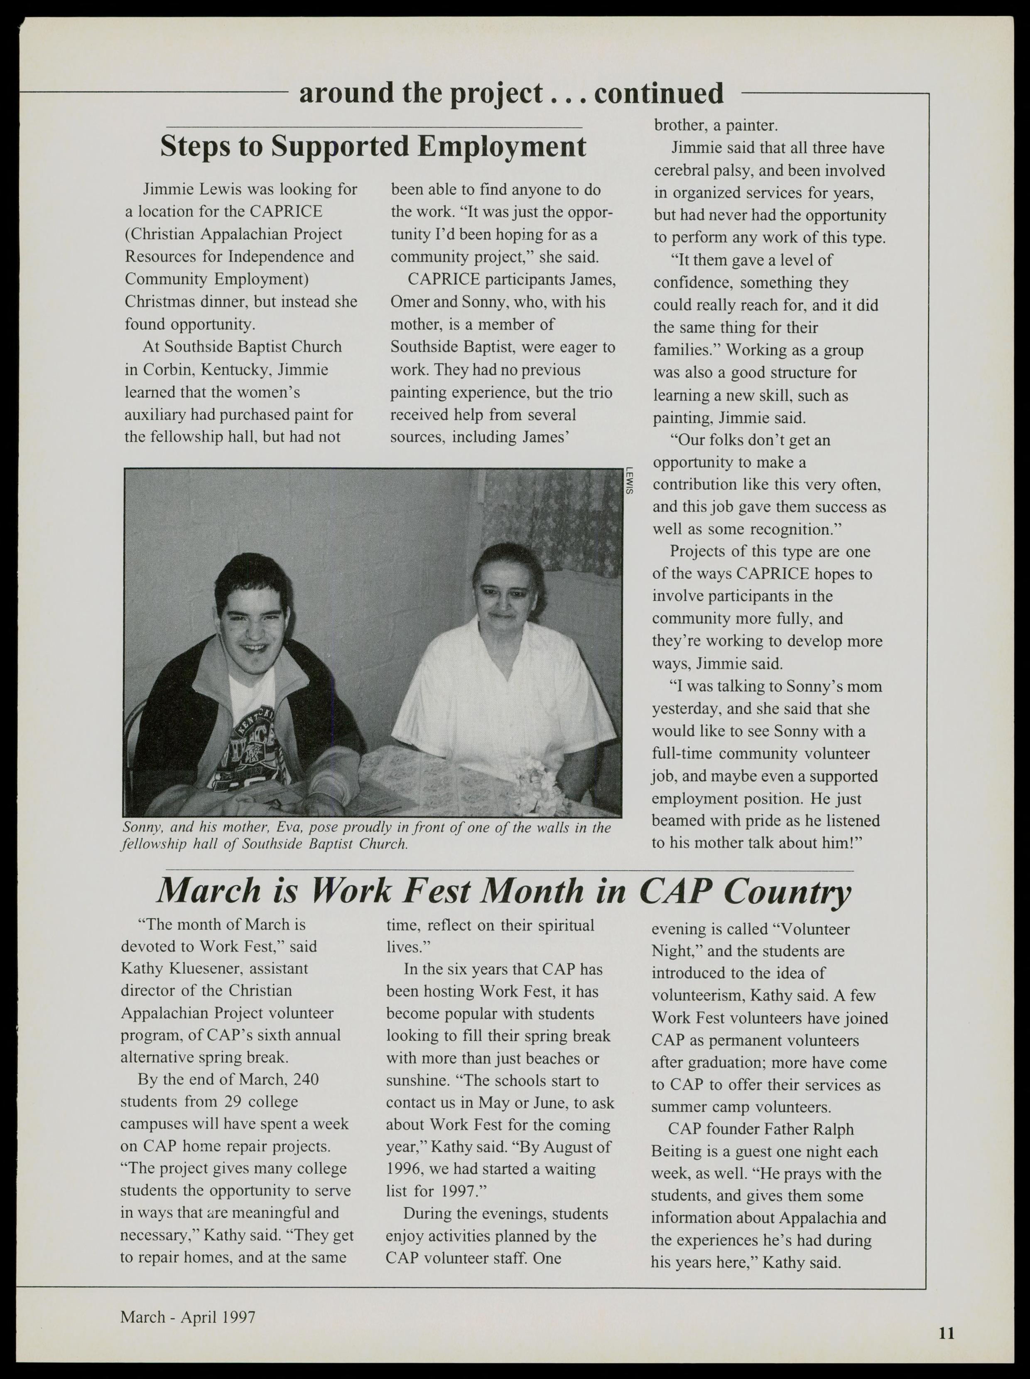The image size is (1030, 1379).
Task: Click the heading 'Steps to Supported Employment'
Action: click(373, 147)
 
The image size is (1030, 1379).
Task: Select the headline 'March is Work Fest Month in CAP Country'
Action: click(503, 892)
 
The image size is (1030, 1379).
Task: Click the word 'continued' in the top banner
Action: click(659, 93)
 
